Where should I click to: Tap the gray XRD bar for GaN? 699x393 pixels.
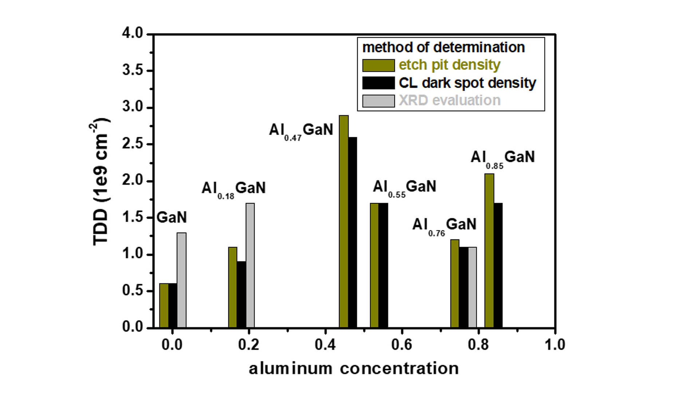tap(181, 280)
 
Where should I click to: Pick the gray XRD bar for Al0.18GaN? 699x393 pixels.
tap(250, 265)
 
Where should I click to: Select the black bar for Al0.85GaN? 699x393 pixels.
tap(498, 265)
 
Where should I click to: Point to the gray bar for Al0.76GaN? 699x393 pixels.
tap(472, 287)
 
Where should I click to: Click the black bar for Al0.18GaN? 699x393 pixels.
tap(241, 294)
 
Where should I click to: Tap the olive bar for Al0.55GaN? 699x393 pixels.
tap(374, 265)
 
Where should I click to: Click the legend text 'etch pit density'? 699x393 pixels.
tap(449, 65)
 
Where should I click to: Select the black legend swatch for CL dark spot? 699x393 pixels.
tap(378, 83)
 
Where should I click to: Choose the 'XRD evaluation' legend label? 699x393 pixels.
tap(449, 100)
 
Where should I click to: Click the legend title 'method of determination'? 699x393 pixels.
tap(443, 47)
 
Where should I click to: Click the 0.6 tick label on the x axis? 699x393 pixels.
tap(402, 345)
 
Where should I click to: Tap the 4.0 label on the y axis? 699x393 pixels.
tap(133, 33)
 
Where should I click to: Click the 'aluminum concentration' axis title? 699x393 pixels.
tap(354, 369)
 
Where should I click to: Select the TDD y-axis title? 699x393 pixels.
tap(100, 182)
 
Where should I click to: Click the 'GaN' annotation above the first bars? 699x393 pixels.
tap(171, 218)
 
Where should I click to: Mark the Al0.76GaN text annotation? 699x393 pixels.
tap(444, 225)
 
